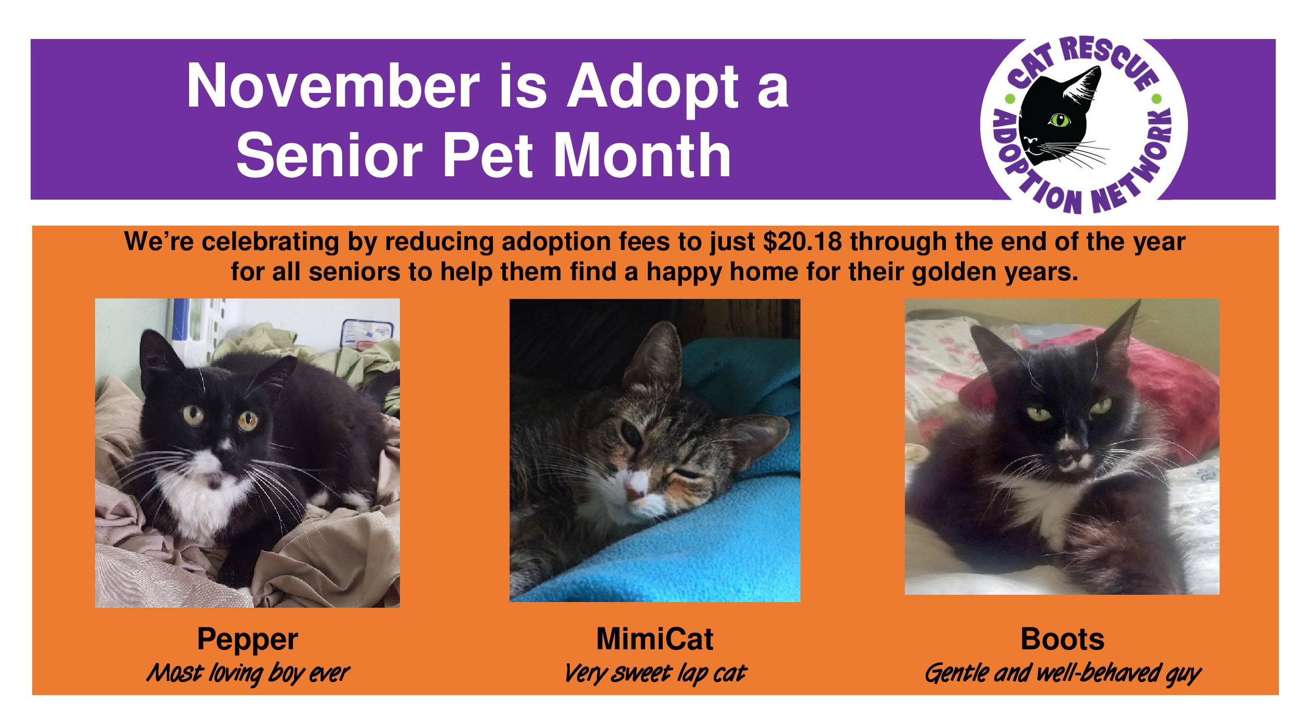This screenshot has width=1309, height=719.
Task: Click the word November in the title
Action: coord(332,86)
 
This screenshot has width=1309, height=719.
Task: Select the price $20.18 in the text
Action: coord(802,242)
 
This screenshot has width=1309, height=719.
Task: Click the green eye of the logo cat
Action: coord(1059,121)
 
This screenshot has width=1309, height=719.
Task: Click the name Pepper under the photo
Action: coord(247,639)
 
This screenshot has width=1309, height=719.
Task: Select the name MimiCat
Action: coord(654,639)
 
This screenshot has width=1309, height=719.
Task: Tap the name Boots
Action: coord(1062,639)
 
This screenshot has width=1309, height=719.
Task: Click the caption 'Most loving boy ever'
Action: coord(248,673)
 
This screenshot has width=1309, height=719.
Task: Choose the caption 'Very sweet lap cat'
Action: coord(654,673)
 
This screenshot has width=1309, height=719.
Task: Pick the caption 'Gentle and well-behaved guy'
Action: coord(1062,673)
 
